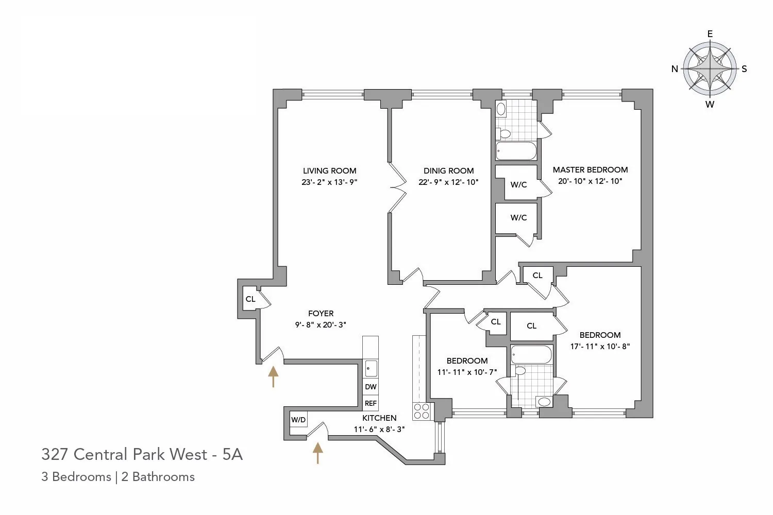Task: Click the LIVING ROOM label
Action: click(329, 171)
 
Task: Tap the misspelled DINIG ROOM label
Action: click(448, 171)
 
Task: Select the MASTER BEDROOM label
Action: click(590, 170)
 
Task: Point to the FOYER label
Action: click(321, 313)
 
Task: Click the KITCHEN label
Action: click(379, 418)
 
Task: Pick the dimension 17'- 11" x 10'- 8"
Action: click(600, 347)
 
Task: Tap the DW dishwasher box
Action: click(371, 387)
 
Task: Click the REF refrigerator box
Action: click(371, 403)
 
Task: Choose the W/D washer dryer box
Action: click(298, 420)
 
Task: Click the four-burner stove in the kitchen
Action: click(421, 411)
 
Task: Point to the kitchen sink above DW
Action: click(371, 369)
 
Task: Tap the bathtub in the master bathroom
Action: click(516, 151)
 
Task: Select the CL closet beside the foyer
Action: click(250, 299)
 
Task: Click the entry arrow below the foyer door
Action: click(273, 376)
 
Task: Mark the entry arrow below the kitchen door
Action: click(318, 453)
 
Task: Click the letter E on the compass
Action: click(710, 34)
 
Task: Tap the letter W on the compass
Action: click(710, 105)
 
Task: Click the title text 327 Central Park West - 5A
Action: click(142, 454)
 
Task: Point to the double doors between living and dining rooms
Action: click(397, 187)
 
